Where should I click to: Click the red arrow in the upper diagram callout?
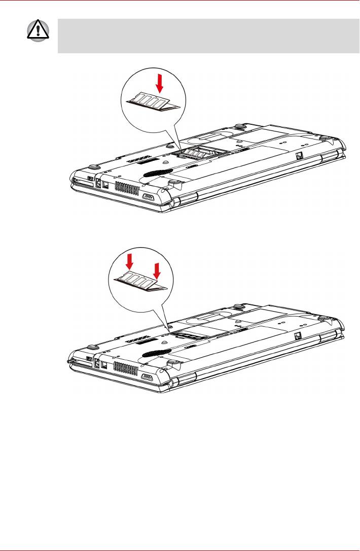click(x=159, y=83)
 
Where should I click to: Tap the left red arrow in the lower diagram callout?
click(x=130, y=262)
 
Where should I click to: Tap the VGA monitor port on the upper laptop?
click(x=149, y=198)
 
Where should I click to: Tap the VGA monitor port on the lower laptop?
click(x=148, y=377)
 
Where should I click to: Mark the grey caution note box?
click(x=208, y=36)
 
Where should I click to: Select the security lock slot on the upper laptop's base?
click(x=300, y=156)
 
